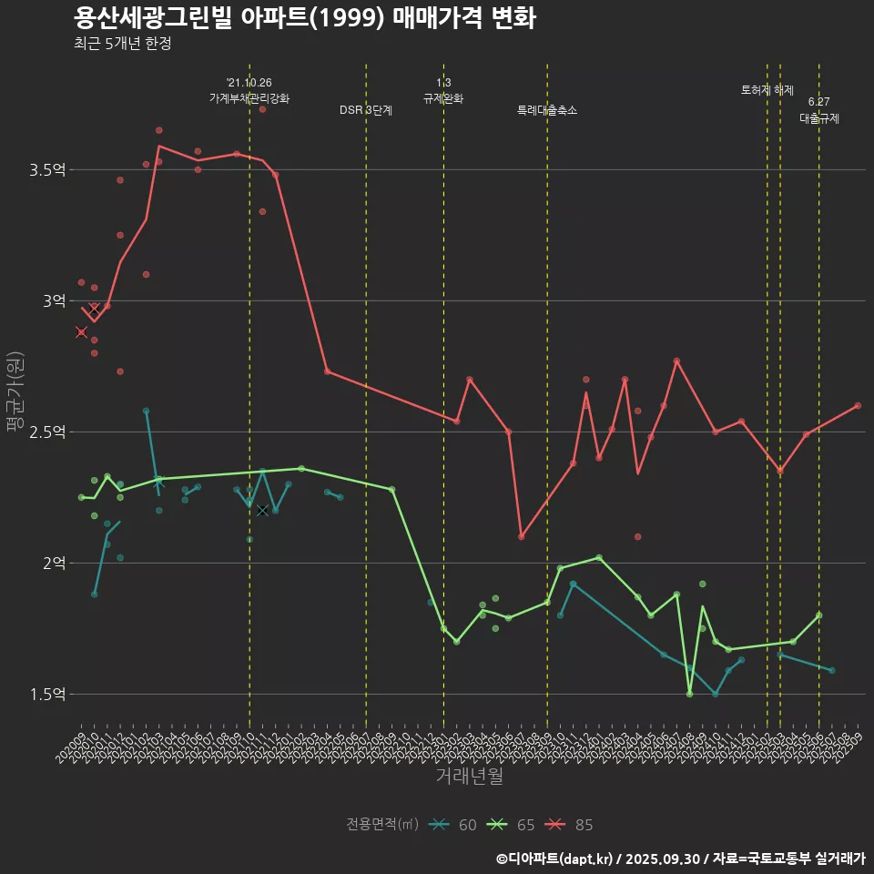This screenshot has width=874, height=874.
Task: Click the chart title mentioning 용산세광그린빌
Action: click(x=304, y=18)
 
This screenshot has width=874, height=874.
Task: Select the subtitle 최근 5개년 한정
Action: click(x=122, y=44)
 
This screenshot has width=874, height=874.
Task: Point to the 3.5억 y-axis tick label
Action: click(x=48, y=169)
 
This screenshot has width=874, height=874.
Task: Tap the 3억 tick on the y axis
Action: click(x=54, y=300)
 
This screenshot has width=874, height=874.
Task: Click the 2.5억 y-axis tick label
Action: click(x=48, y=432)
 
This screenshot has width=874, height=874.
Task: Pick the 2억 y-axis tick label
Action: click(x=54, y=563)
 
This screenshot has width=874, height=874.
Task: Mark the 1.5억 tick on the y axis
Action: click(x=48, y=694)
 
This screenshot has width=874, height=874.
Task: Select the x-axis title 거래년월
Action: click(x=469, y=777)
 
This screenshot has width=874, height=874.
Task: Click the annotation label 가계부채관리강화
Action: click(x=249, y=98)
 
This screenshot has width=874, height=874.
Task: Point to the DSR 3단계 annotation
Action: click(x=366, y=110)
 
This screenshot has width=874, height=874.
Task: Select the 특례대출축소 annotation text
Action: click(x=547, y=110)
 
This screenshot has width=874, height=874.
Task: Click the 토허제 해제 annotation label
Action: click(x=767, y=90)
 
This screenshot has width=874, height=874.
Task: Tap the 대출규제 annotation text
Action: click(x=819, y=118)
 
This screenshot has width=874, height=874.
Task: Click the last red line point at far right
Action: click(x=858, y=405)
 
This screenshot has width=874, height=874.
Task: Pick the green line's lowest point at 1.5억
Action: click(x=689, y=694)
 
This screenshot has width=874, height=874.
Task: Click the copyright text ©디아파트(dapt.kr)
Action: click(x=555, y=859)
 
